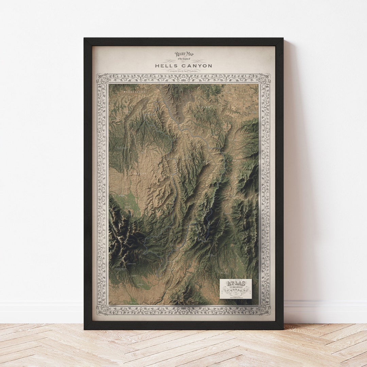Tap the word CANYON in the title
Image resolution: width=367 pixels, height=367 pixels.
coord(196,66)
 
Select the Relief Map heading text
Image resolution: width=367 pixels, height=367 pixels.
coord(184,54)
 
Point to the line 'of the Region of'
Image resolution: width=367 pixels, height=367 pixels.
coord(184,59)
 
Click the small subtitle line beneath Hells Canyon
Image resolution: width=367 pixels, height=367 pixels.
coord(183,70)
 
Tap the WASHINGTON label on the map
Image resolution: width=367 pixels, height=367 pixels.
coord(134,92)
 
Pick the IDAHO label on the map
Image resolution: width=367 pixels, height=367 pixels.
coord(205,107)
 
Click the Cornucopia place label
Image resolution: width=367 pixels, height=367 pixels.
coord(132,264)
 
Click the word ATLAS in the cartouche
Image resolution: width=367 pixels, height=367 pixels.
coord(235,284)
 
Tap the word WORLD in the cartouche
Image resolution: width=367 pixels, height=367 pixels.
coord(235,291)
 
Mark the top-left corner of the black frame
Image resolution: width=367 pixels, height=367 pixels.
coord(85,38)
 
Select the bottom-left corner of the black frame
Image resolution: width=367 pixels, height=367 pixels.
coord(85,329)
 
